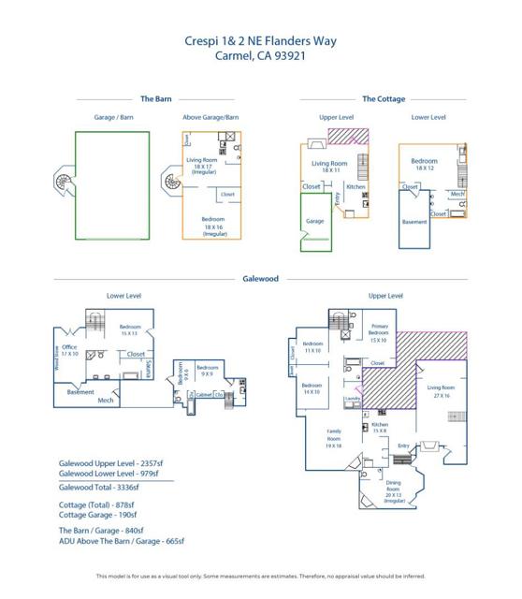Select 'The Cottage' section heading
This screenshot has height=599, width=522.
tap(384, 98)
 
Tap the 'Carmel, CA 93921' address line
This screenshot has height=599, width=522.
tap(261, 55)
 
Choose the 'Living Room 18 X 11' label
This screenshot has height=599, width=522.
tap(330, 167)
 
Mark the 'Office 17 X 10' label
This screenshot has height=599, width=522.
tap(69, 350)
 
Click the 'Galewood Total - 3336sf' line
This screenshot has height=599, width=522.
tap(99, 487)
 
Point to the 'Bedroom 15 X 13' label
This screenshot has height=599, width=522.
tap(129, 329)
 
